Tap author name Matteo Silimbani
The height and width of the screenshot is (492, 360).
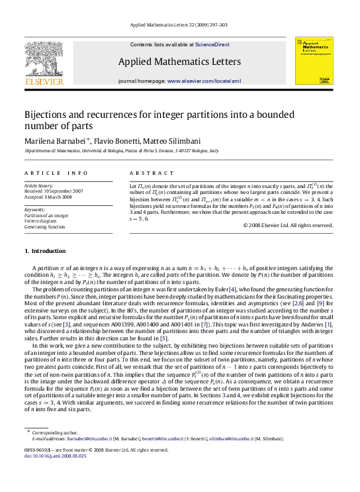pyautogui.click(x=175, y=142)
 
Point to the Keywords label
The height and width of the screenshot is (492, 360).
pyautogui.click(x=34, y=209)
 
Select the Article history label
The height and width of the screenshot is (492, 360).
pyautogui.click(x=39, y=186)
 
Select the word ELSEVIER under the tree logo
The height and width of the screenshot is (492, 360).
pyautogui.click(x=44, y=83)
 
